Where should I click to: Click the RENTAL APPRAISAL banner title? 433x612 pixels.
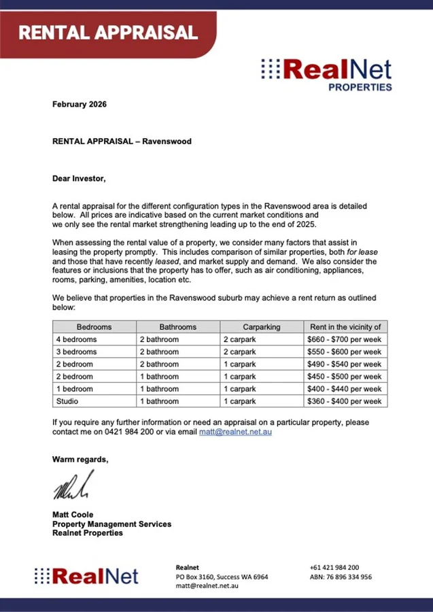pyautogui.click(x=107, y=32)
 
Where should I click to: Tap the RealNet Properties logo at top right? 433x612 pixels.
pyautogui.click(x=326, y=73)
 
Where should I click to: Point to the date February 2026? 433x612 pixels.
pyautogui.click(x=80, y=105)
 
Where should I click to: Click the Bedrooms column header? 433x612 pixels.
pyautogui.click(x=94, y=327)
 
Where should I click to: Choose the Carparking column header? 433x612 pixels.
pyautogui.click(x=261, y=327)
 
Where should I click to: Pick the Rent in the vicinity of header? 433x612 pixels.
pyautogui.click(x=345, y=327)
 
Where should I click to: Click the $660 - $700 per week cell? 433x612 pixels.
pyautogui.click(x=345, y=339)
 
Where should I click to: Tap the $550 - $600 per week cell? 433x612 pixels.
pyautogui.click(x=345, y=352)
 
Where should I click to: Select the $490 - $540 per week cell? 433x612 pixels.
pyautogui.click(x=345, y=364)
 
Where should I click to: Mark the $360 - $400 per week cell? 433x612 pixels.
pyautogui.click(x=345, y=401)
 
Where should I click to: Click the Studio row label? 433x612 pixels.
pyautogui.click(x=67, y=401)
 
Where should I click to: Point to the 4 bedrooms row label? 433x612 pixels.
pyautogui.click(x=76, y=339)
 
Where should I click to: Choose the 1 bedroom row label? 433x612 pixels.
pyautogui.click(x=75, y=389)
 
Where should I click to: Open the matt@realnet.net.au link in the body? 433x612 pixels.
pyautogui.click(x=235, y=432)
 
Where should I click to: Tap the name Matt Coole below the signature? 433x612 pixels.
pyautogui.click(x=73, y=515)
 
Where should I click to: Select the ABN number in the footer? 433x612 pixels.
pyautogui.click(x=341, y=577)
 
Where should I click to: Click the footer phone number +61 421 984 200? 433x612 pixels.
pyautogui.click(x=334, y=567)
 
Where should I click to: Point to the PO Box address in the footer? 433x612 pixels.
pyautogui.click(x=222, y=577)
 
